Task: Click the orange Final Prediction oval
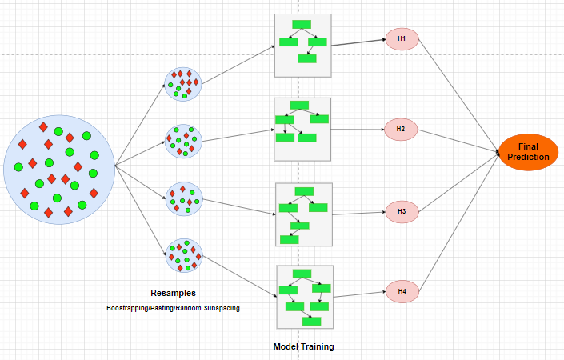pyautogui.click(x=528, y=152)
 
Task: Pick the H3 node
pyautogui.click(x=402, y=212)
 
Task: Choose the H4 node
pyautogui.click(x=402, y=291)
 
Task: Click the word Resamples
pyautogui.click(x=173, y=294)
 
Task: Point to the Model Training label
pyautogui.click(x=303, y=346)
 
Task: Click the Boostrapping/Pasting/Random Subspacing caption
pyautogui.click(x=173, y=308)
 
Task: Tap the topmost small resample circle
pyautogui.click(x=182, y=82)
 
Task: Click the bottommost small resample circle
pyautogui.click(x=183, y=257)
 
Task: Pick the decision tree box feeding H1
pyautogui.click(x=302, y=45)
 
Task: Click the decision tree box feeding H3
pyautogui.click(x=303, y=214)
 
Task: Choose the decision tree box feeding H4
pyautogui.click(x=304, y=297)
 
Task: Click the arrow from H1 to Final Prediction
pyautogui.click(x=456, y=92)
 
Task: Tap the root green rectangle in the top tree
pyautogui.click(x=302, y=24)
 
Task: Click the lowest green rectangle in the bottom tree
pyautogui.click(x=311, y=321)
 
